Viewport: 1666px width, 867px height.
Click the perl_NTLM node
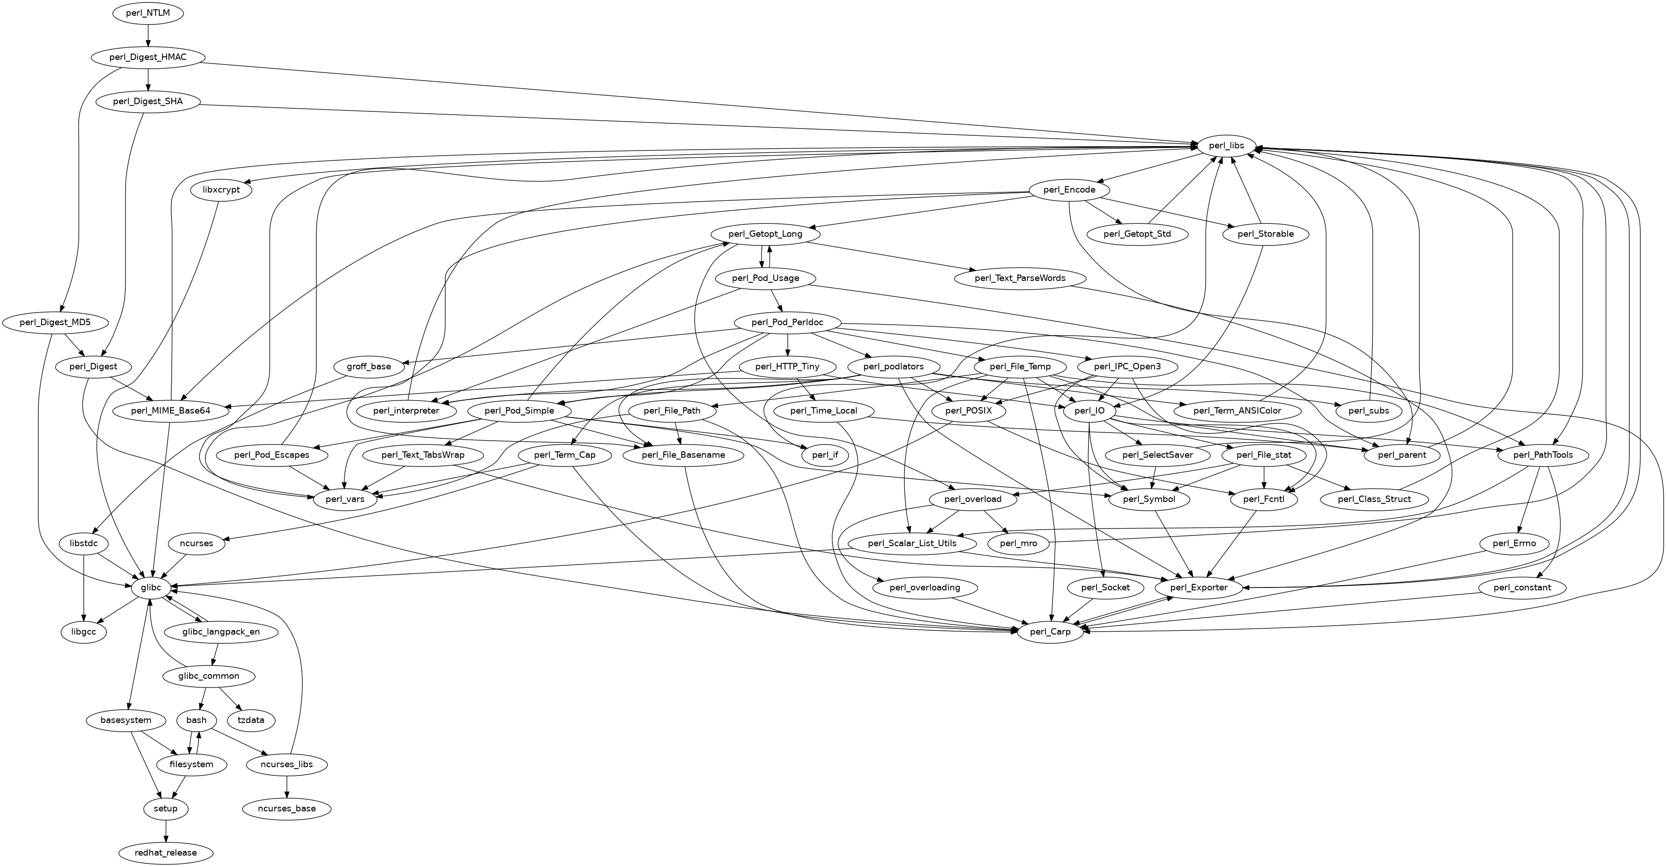[148, 13]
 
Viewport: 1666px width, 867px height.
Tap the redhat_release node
[166, 853]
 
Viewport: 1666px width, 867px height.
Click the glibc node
[151, 588]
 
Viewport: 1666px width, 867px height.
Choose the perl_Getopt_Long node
[765, 234]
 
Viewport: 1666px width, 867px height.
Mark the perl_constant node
[1523, 588]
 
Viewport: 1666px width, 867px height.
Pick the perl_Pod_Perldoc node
[787, 322]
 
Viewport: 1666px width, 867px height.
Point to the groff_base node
[369, 367]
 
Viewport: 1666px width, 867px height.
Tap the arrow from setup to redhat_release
[166, 831]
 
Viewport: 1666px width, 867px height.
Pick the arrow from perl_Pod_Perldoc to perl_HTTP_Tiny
[787, 344]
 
